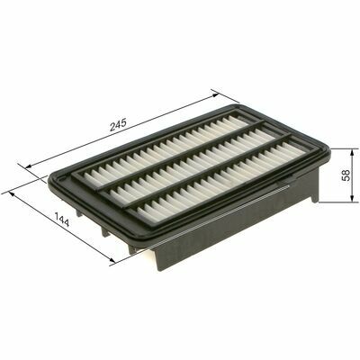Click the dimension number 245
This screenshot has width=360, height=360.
(119, 125)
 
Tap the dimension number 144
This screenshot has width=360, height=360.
(62, 220)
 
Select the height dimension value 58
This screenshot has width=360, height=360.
(346, 175)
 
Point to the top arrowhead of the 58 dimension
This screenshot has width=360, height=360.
(351, 152)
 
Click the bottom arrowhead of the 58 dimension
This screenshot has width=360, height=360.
(351, 198)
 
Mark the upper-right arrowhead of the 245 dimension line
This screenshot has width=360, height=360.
(215, 95)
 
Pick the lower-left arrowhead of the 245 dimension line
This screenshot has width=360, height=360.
(30, 166)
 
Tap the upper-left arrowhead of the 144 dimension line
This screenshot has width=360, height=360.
(13, 194)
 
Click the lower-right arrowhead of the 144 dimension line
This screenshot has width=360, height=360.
(112, 261)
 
